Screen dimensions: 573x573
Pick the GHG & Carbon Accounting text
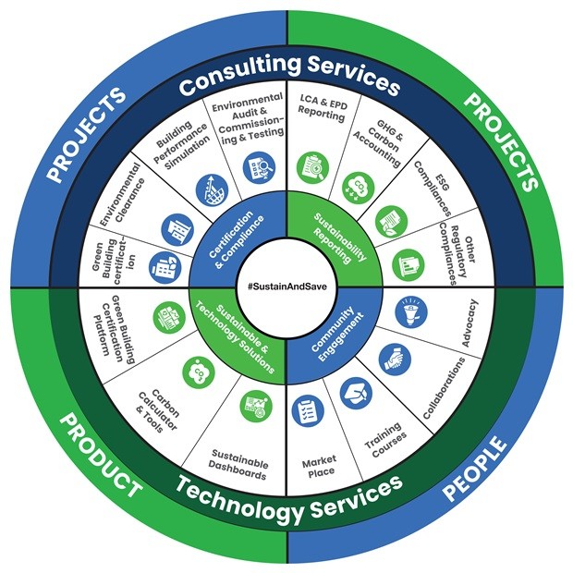[x=385, y=141]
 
